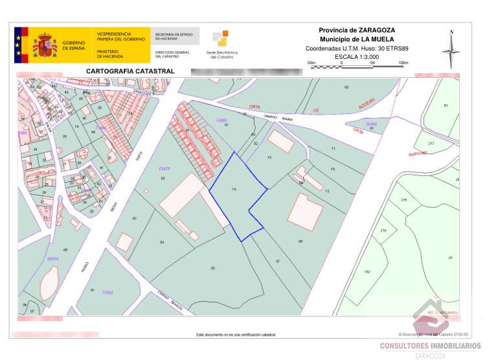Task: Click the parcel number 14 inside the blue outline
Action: coord(234,188)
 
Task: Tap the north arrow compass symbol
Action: coord(451,49)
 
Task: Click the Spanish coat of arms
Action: coord(45,45)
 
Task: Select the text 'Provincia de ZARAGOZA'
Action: coord(357,30)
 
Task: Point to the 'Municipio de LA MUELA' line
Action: coord(357,39)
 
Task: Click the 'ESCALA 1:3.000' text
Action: coord(357,57)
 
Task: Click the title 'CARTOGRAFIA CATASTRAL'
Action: coord(131,71)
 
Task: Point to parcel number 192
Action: coord(367,272)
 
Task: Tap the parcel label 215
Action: coord(404,199)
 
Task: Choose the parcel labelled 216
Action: coord(383,231)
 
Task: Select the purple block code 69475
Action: coord(52,258)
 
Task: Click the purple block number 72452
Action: coord(107,292)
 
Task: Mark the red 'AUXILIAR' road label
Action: coord(418,153)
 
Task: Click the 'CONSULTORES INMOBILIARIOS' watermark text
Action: coord(430,346)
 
